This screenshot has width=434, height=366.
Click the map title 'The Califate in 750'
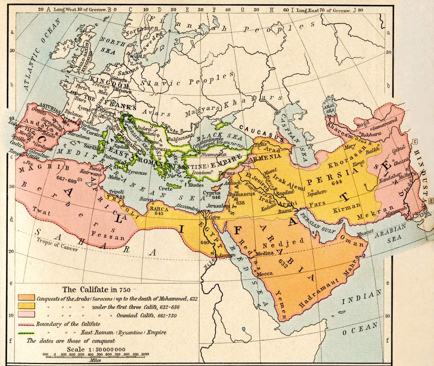point(96,290)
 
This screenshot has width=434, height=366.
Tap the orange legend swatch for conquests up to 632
point(26,298)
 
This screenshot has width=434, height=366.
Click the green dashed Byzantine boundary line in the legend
point(26,333)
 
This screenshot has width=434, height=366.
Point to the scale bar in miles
point(95,355)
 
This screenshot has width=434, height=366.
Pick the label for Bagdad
point(284,191)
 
